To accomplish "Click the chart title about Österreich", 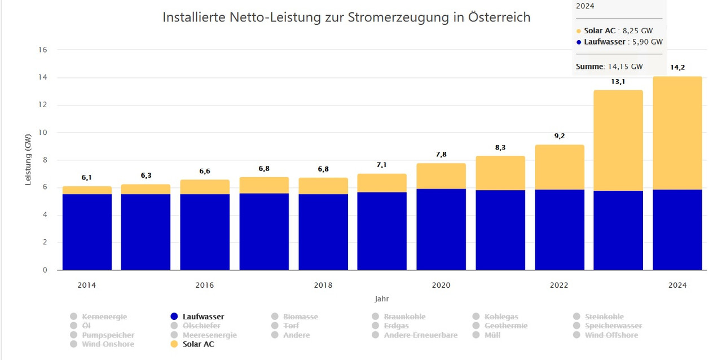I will (346, 17).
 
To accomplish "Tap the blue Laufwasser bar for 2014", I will (87, 232).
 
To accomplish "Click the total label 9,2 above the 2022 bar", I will (560, 136).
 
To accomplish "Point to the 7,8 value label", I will (441, 154).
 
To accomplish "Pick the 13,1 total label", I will (618, 81).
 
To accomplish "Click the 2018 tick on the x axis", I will (323, 286).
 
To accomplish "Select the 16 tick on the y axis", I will (43, 50).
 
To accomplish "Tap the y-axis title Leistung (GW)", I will (28, 159).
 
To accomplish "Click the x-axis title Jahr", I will (382, 299).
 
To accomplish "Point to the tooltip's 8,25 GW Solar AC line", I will (619, 30).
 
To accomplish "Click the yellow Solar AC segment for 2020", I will (441, 176).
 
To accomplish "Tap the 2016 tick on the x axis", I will (205, 286).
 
